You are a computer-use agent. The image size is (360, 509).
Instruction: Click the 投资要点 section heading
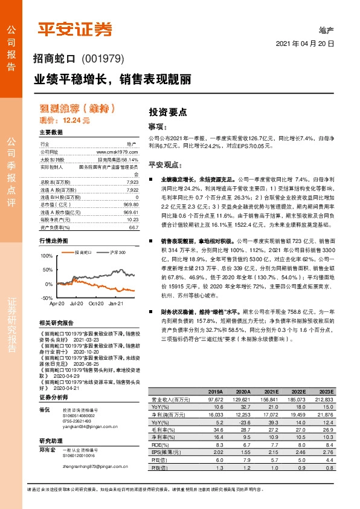pos(168,112)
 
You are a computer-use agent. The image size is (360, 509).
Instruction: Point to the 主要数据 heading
pos(51,132)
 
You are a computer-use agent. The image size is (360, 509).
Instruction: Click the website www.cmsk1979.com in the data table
pos(118,152)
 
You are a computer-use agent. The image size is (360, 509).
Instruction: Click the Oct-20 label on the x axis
pos(97,303)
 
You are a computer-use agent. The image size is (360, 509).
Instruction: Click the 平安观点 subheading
pos(165,164)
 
